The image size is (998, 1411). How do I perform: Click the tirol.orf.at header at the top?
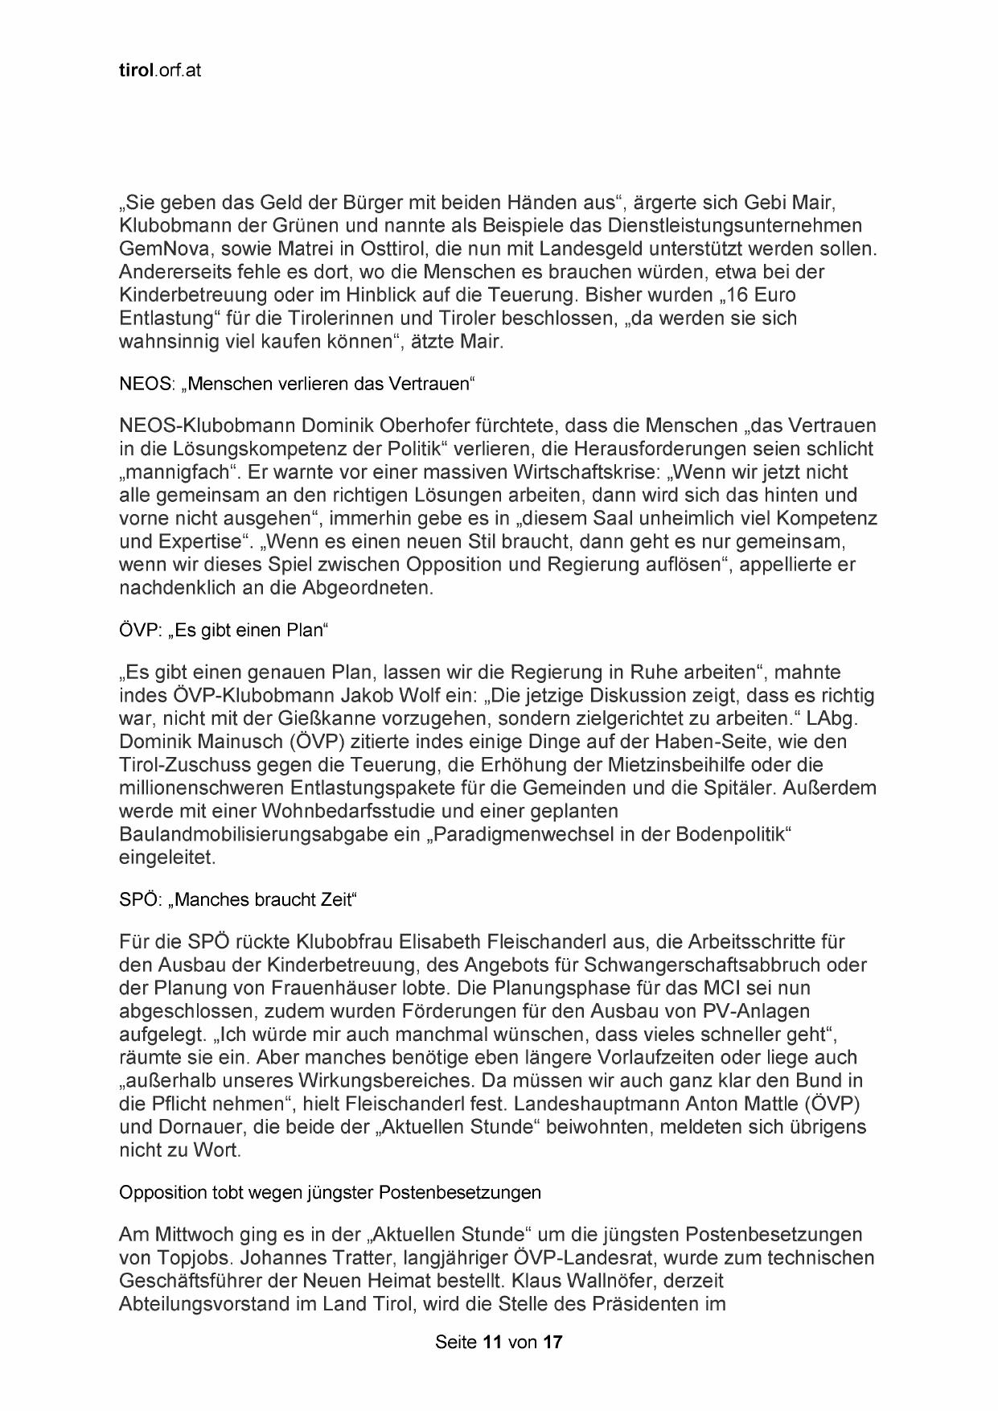159,71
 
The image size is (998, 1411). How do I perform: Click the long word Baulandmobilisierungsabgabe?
255,834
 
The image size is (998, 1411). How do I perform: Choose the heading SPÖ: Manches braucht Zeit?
237,899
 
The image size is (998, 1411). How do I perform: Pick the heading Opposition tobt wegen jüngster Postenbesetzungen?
330,1192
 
